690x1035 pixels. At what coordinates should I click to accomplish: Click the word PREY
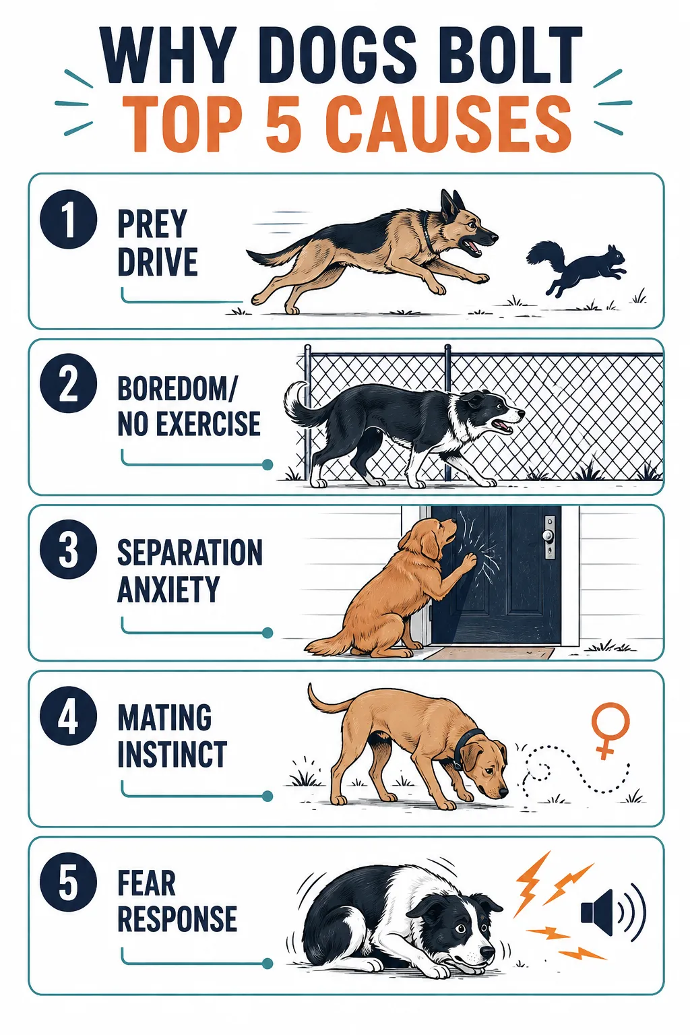pyautogui.click(x=152, y=224)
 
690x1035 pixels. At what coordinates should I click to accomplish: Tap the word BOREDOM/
pyautogui.click(x=177, y=389)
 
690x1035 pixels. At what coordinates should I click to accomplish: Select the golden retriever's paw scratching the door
pyautogui.click(x=468, y=561)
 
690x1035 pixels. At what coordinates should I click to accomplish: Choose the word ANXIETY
pyautogui.click(x=168, y=589)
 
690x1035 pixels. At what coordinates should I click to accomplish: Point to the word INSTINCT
pyautogui.click(x=172, y=754)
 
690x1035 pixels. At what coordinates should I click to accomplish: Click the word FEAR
pyautogui.click(x=146, y=883)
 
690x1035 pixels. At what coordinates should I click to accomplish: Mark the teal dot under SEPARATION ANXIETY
pyautogui.click(x=267, y=632)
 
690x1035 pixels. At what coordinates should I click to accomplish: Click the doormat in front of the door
pyautogui.click(x=490, y=653)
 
